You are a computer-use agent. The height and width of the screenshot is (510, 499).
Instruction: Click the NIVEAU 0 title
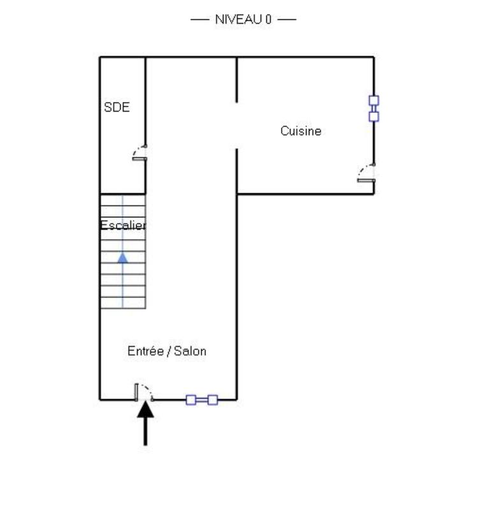click(243, 19)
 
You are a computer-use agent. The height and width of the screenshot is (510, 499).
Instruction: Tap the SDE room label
click(117, 107)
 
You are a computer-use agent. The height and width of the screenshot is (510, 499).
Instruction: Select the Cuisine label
click(301, 131)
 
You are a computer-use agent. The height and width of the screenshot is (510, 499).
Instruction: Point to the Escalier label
click(122, 225)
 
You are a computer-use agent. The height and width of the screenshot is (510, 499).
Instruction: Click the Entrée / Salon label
click(167, 351)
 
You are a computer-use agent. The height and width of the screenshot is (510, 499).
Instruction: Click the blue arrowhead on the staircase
click(122, 258)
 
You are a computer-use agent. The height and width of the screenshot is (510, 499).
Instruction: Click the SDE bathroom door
click(140, 153)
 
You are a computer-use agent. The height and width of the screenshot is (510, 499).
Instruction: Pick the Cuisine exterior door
click(366, 173)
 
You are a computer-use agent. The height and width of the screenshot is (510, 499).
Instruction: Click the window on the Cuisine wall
click(373, 108)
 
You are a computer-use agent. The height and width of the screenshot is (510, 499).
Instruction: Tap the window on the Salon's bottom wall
click(201, 400)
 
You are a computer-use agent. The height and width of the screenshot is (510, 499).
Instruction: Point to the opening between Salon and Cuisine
click(237, 125)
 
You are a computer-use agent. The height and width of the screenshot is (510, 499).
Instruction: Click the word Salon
click(190, 351)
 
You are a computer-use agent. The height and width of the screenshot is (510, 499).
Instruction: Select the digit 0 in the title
click(268, 19)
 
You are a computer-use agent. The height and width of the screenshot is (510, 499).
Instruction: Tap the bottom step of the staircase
click(122, 303)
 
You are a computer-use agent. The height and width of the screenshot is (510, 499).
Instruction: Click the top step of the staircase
click(122, 200)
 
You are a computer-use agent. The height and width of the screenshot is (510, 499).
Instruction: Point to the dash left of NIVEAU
click(200, 19)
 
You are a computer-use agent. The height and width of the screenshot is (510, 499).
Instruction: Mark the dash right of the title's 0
click(287, 19)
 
